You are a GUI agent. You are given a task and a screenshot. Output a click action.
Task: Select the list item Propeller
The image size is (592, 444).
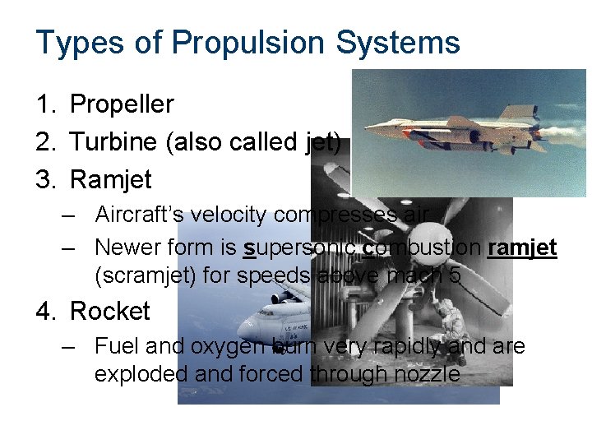pyautogui.click(x=122, y=104)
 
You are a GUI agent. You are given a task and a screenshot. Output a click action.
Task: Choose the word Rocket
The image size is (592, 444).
pyautogui.click(x=110, y=312)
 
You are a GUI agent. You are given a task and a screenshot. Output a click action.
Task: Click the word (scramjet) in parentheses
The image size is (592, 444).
pyautogui.click(x=145, y=275)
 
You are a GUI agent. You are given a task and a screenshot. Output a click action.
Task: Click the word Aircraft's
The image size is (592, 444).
pyautogui.click(x=139, y=215)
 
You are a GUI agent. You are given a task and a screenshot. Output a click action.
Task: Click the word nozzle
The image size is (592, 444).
pyautogui.click(x=429, y=374)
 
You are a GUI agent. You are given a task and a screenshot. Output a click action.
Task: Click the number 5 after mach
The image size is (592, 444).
pyautogui.click(x=456, y=275)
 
